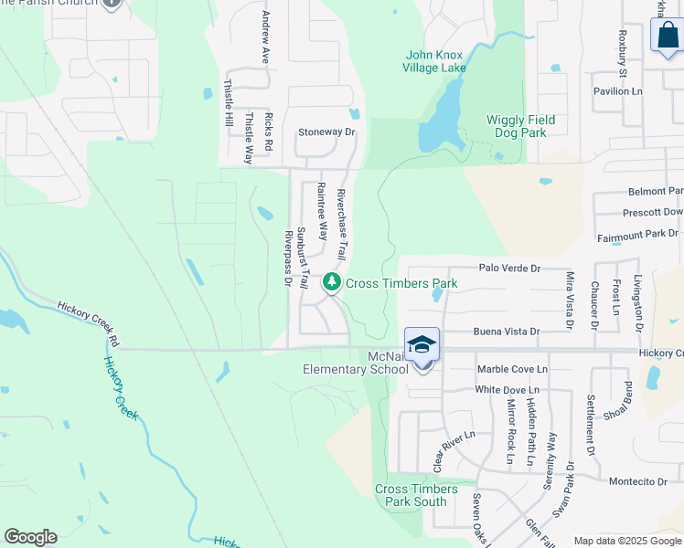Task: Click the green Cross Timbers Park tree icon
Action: (x=332, y=283)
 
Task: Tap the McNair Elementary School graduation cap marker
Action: (x=422, y=344)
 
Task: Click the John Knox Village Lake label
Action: (x=435, y=61)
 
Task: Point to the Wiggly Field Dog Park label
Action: (x=521, y=126)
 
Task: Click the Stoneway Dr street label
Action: (x=326, y=132)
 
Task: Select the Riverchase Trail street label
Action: (x=342, y=223)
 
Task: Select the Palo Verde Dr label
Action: (x=510, y=269)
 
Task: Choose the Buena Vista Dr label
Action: (x=507, y=332)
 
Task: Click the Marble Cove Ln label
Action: (x=512, y=369)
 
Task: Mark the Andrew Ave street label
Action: (x=266, y=37)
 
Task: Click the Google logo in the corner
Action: (x=30, y=537)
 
